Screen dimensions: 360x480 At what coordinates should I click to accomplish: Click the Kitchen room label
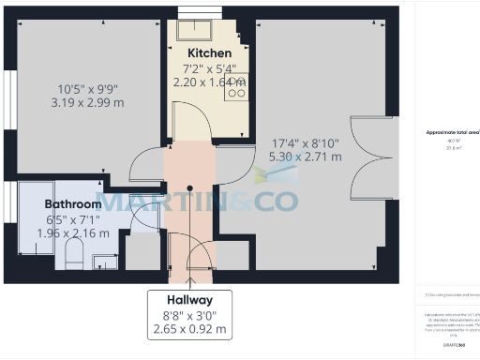(x=204, y=52)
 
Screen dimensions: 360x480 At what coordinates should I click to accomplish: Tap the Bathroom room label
(x=73, y=203)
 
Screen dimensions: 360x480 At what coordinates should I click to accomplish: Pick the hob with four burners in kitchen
(x=236, y=86)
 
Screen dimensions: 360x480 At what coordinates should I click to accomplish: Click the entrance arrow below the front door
(x=190, y=277)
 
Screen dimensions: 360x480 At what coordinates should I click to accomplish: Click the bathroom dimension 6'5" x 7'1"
(x=73, y=219)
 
